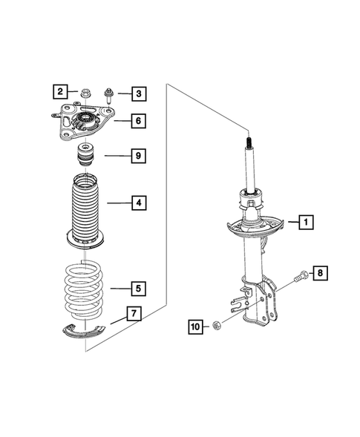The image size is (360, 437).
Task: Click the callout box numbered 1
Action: pyautogui.click(x=306, y=220)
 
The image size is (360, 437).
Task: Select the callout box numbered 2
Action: pyautogui.click(x=59, y=93)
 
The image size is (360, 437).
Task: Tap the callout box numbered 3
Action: pyautogui.click(x=138, y=93)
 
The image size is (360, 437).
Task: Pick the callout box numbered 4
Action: pyautogui.click(x=138, y=202)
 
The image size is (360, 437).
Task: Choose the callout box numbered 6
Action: pyautogui.click(x=138, y=120)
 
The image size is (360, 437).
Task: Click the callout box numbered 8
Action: pyautogui.click(x=320, y=274)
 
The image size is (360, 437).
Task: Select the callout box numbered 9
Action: pyautogui.click(x=138, y=156)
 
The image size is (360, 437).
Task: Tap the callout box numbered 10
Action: pyautogui.click(x=194, y=326)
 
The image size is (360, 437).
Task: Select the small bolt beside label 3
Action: pyautogui.click(x=109, y=93)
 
